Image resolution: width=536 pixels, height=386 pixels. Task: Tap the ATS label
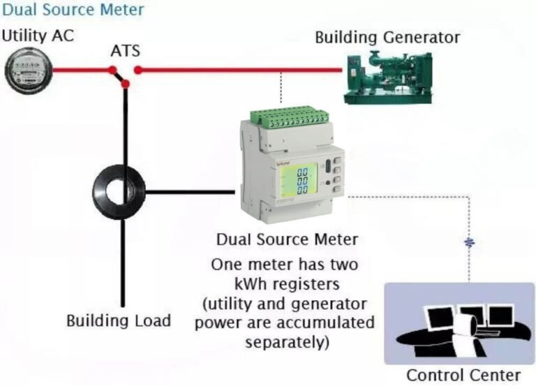pyautogui.click(x=126, y=51)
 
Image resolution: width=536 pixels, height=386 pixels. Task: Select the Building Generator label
pyautogui.click(x=387, y=37)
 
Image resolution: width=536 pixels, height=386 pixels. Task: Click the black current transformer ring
pyautogui.click(x=119, y=188)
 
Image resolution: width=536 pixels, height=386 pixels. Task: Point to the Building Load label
pyautogui.click(x=119, y=320)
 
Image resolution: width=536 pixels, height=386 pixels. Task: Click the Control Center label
pyautogui.click(x=463, y=375)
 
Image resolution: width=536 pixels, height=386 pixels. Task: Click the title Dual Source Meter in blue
pyautogui.click(x=73, y=10)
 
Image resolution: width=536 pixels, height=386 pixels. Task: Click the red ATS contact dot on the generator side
pyautogui.click(x=138, y=70)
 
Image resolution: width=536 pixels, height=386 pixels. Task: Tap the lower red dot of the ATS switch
pyautogui.click(x=125, y=84)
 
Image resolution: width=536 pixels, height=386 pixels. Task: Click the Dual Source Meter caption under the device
pyautogui.click(x=287, y=239)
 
